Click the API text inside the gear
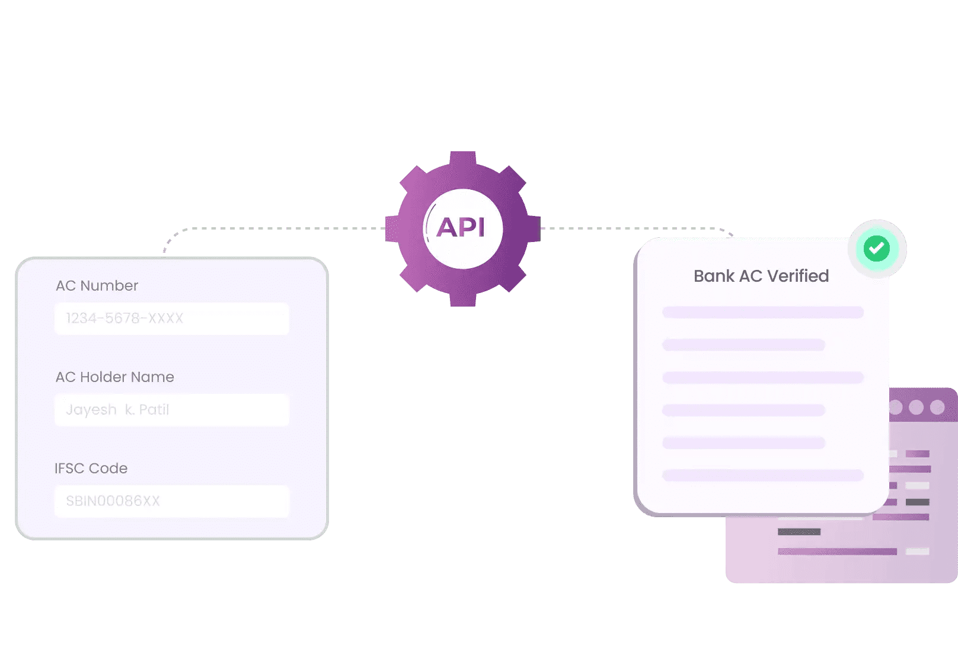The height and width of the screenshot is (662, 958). [461, 228]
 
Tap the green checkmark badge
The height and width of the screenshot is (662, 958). [877, 249]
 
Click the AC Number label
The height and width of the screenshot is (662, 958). [97, 286]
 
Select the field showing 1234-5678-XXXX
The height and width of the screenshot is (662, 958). [172, 319]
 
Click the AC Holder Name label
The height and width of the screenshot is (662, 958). [114, 377]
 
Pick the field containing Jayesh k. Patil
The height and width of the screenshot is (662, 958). [172, 410]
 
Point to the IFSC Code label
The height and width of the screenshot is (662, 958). [91, 469]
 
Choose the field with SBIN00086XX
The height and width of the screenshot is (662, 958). [172, 501]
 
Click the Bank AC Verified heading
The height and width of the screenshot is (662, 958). [761, 276]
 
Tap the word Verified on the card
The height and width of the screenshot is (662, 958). [798, 276]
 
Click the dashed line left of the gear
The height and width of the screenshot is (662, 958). [285, 228]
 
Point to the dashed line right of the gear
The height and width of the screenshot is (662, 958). [628, 228]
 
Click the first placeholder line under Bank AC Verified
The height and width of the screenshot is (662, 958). [762, 313]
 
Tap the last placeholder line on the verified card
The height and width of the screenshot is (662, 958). [762, 475]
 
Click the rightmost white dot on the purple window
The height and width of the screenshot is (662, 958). [937, 407]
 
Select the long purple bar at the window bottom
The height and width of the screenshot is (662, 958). [837, 552]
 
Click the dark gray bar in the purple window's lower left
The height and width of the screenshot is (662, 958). [799, 531]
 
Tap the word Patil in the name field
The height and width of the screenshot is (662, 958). [154, 410]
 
